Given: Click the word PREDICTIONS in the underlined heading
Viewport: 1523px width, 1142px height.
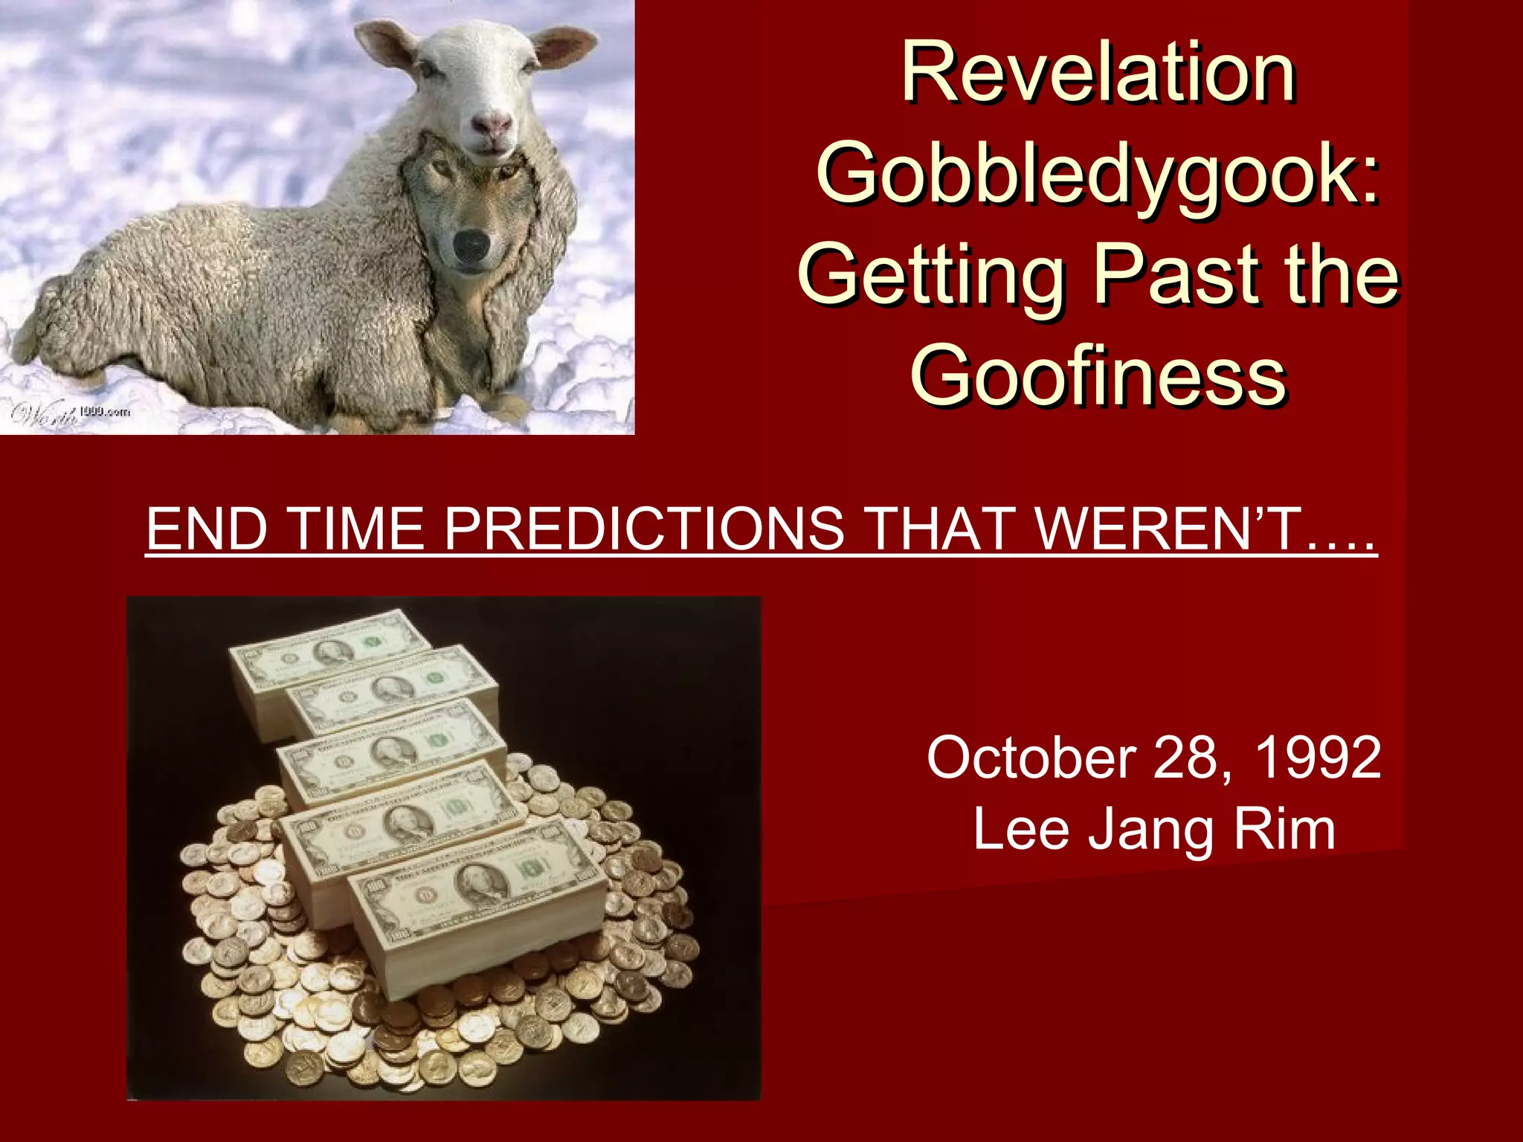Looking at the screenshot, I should coord(643,529).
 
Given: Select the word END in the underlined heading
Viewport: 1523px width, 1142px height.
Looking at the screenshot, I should coord(207,529).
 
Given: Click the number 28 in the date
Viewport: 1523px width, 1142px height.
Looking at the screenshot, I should coord(1185,757).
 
